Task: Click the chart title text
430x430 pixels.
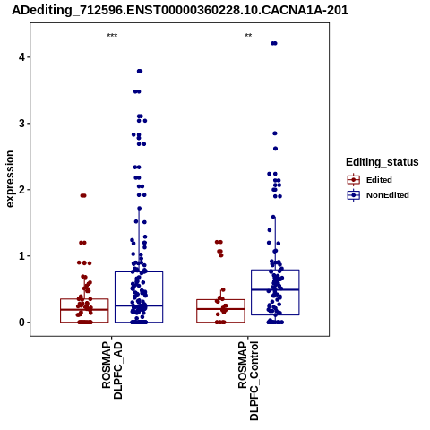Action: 180,10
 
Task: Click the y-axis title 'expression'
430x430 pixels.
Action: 10,179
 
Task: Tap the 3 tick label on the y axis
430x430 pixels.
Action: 21,123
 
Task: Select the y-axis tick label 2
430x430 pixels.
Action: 21,189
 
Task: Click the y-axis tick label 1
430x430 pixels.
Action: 21,256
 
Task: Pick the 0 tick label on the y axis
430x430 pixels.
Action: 21,322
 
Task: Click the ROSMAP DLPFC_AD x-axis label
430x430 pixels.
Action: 112,371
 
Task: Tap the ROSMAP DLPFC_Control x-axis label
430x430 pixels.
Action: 248,381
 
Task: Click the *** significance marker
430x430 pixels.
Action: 112,36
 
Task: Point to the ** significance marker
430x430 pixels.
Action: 248,36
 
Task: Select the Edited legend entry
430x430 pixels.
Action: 369,180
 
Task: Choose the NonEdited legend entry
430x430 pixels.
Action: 378,195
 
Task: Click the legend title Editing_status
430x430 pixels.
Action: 383,162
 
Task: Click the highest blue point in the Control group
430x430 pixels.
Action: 274,43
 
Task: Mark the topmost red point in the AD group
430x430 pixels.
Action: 83,195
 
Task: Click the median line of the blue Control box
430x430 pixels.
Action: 275,289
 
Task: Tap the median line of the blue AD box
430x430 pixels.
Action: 139,305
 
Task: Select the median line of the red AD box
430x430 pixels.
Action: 84,310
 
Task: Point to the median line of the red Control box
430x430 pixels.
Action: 220,309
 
